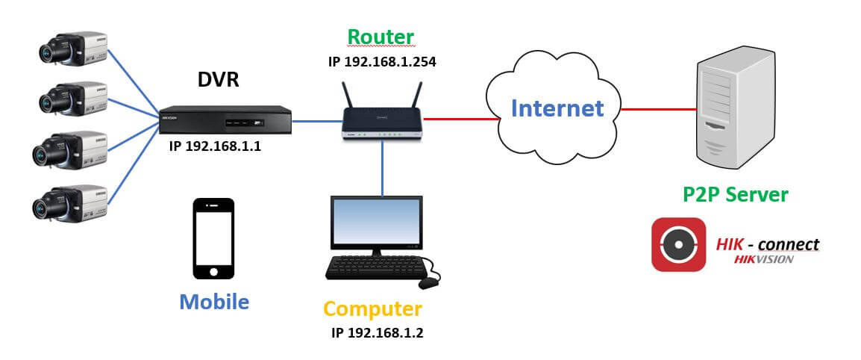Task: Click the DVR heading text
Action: (x=219, y=81)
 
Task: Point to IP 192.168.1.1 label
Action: (x=216, y=147)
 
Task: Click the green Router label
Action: (x=381, y=37)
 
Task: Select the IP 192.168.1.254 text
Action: (x=382, y=61)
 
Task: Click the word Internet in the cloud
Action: (x=557, y=108)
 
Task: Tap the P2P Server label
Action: (x=735, y=195)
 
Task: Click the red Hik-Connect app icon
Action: (x=678, y=245)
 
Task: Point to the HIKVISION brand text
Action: (x=763, y=259)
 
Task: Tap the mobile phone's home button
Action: (x=213, y=270)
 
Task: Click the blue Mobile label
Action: (x=213, y=302)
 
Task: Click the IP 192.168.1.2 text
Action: (x=378, y=332)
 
